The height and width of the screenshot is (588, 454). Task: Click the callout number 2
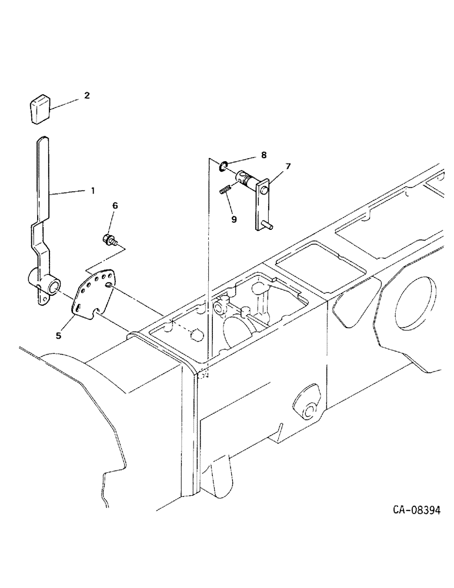86,94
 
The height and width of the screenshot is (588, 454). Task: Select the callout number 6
115,205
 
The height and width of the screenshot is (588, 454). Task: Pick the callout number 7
288,166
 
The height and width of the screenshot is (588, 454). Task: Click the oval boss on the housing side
306,406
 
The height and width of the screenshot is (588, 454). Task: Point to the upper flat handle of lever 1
42,176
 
